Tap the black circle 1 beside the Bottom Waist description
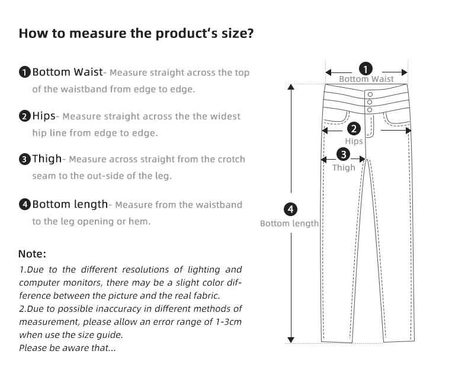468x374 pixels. coord(24,73)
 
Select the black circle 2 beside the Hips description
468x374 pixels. coord(24,116)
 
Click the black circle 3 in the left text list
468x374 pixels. coord(24,159)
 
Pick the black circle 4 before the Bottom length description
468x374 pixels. coord(24,205)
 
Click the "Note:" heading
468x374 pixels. coord(32,253)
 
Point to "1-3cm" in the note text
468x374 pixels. coord(227,321)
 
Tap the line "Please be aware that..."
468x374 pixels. coord(68,347)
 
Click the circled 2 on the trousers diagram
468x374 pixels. coord(354,128)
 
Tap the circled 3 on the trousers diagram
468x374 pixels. coord(343,155)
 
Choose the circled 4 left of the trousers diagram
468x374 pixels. coord(290,210)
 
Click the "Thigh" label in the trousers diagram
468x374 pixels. coord(344,168)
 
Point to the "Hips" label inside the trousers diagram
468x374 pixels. coord(354,141)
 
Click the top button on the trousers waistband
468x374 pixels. coord(370,94)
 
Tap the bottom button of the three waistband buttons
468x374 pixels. coord(370,110)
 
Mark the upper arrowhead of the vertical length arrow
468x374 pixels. coord(290,87)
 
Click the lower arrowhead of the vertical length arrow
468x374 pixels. coord(290,340)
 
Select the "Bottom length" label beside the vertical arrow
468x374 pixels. coord(290,224)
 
